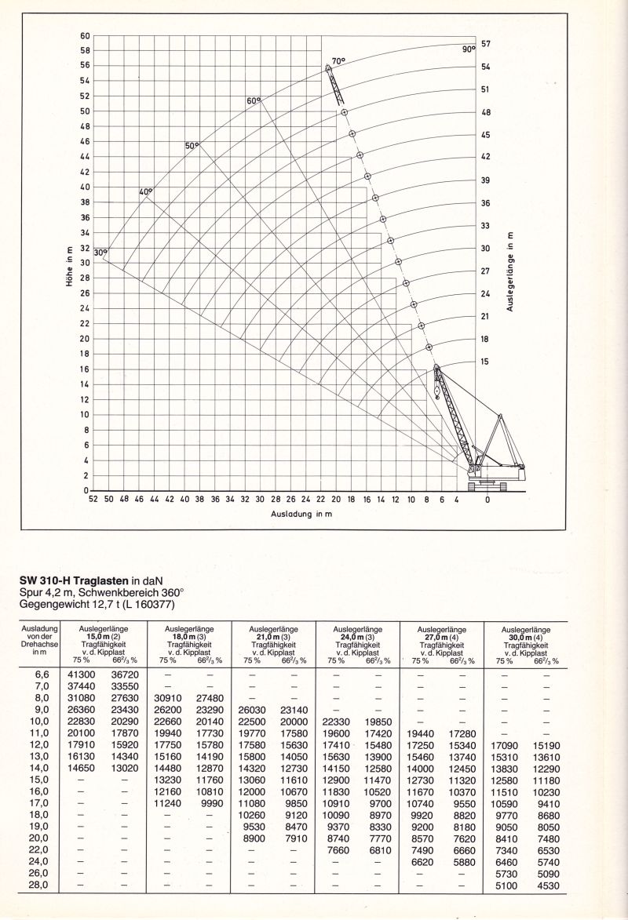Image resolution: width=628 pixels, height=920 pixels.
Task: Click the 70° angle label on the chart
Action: pyautogui.click(x=338, y=61)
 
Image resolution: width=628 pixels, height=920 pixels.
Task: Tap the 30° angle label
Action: pyautogui.click(x=100, y=253)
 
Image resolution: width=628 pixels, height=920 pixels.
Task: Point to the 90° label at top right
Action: pyautogui.click(x=469, y=49)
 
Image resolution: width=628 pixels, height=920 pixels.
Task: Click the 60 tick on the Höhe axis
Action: pyautogui.click(x=86, y=35)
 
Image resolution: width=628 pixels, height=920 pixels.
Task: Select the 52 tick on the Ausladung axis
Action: pyautogui.click(x=93, y=499)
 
